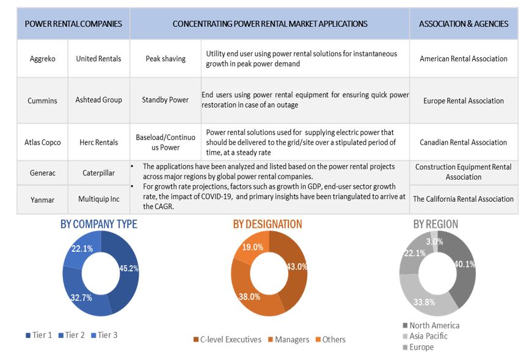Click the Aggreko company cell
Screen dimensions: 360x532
[42, 59]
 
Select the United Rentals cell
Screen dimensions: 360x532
[98, 59]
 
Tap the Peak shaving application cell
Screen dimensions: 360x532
[165, 59]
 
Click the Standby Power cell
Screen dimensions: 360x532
[165, 100]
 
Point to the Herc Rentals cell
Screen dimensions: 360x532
[98, 142]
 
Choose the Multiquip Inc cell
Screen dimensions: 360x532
[98, 199]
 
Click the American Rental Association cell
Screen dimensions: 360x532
[463, 59]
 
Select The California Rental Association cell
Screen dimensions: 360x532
[463, 199]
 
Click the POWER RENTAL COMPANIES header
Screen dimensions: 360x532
[73, 24]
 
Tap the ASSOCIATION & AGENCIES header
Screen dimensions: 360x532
[463, 24]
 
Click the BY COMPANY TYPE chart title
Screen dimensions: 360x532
[98, 224]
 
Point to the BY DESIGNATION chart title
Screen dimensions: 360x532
[267, 224]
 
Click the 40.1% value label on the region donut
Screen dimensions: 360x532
[462, 264]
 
